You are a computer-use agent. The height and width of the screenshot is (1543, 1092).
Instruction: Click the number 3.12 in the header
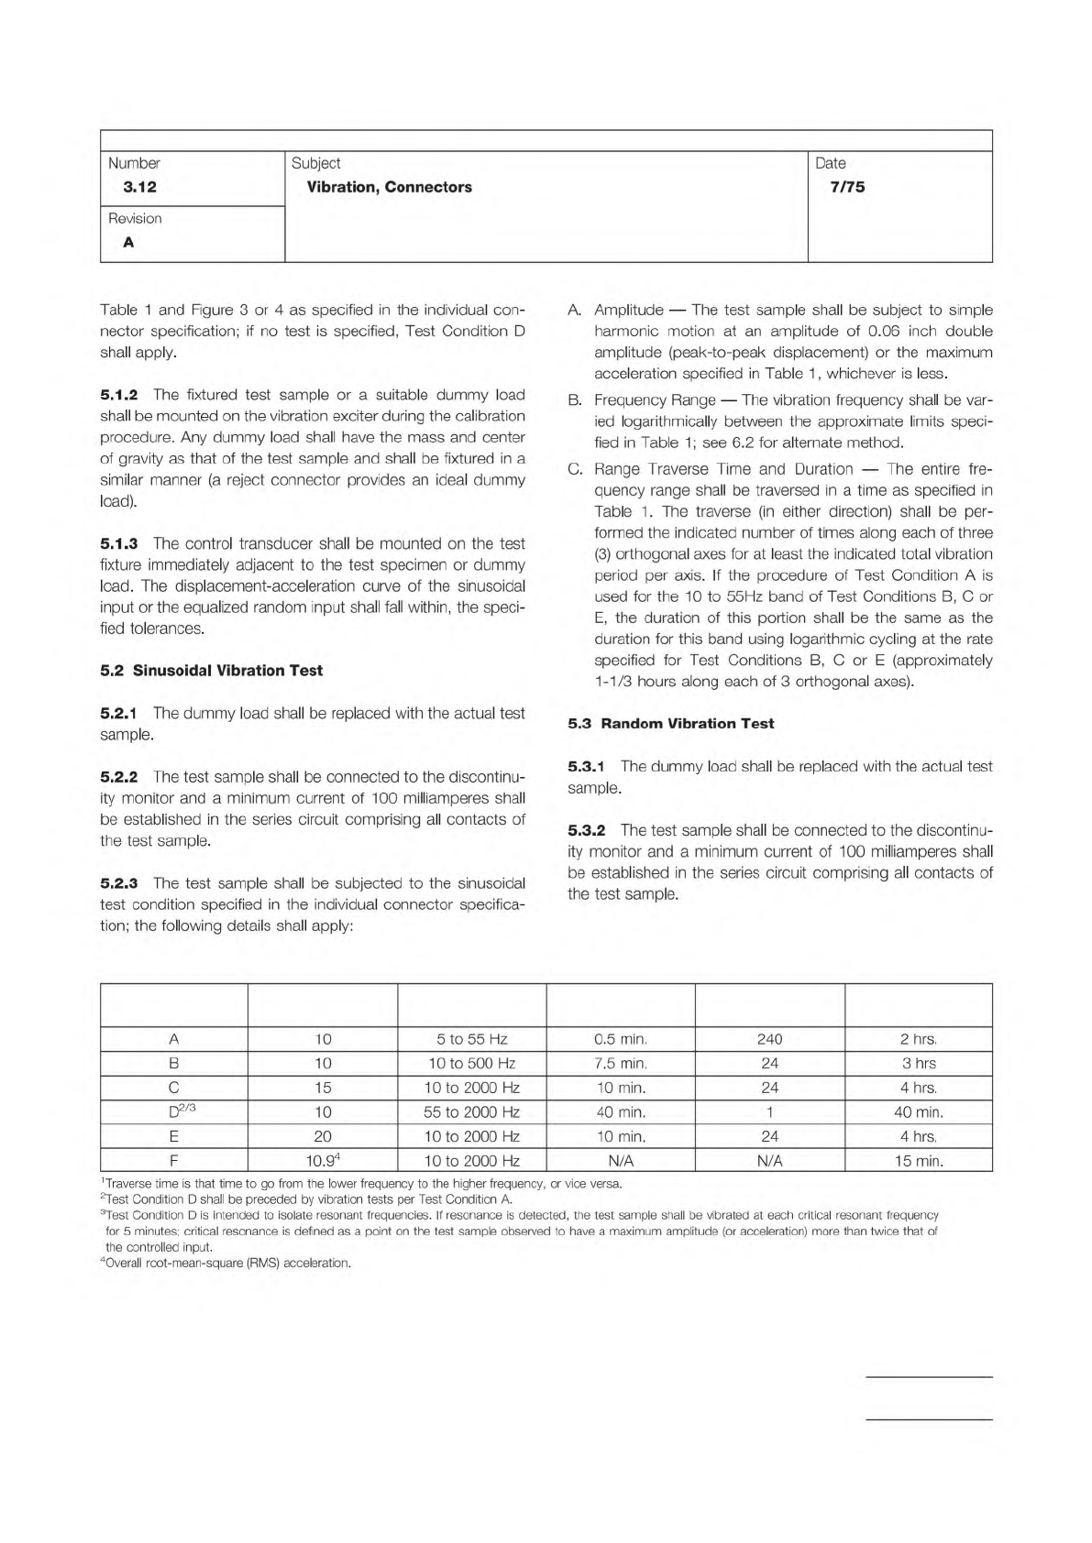click(x=139, y=187)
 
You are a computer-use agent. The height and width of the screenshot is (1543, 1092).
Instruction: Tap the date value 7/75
click(x=847, y=187)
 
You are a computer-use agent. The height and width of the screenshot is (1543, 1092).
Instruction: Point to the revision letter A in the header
click(x=128, y=243)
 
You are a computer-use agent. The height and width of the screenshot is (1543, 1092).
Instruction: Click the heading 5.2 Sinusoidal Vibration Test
click(x=211, y=671)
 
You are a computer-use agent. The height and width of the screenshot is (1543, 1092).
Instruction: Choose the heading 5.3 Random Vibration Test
click(x=670, y=724)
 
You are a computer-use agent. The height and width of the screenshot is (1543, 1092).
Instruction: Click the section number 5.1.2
click(x=119, y=395)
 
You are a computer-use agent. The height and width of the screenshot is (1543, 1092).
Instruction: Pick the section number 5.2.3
click(x=119, y=883)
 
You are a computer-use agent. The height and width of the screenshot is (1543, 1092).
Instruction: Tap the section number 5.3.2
click(x=587, y=830)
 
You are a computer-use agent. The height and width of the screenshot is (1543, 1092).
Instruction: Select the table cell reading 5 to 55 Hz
click(x=471, y=1039)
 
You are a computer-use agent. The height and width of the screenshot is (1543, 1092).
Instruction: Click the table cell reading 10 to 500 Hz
click(x=471, y=1064)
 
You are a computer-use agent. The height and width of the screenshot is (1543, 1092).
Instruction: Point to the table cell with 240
click(x=769, y=1039)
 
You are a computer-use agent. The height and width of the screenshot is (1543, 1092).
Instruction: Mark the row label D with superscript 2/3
click(x=173, y=1111)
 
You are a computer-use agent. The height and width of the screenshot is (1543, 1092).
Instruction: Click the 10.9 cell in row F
click(x=323, y=1160)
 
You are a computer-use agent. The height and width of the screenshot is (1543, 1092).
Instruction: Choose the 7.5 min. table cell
click(x=621, y=1064)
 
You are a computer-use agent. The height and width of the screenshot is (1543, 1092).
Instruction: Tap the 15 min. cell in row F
click(x=918, y=1161)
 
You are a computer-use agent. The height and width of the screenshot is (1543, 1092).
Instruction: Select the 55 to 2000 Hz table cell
click(x=471, y=1112)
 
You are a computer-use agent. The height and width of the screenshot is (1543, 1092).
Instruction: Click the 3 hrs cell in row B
click(x=918, y=1064)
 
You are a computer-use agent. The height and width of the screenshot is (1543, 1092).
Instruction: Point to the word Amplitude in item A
click(x=628, y=311)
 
